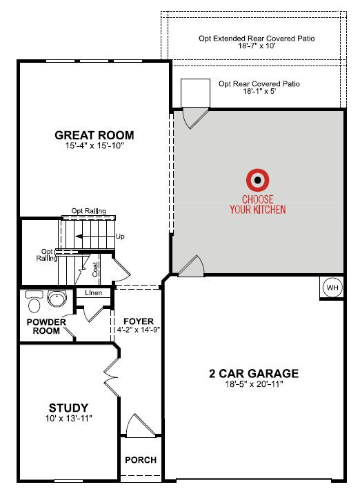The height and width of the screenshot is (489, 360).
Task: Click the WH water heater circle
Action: tap(332, 287)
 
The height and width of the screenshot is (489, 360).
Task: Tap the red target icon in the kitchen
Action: tap(258, 180)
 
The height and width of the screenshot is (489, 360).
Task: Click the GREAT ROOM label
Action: tap(94, 135)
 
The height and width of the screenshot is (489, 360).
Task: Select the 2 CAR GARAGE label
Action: tap(254, 373)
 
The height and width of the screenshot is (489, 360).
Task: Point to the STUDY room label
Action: tap(69, 408)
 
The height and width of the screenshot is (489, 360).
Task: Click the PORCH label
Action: tap(141, 459)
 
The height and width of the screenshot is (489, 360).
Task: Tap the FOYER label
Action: tap(139, 321)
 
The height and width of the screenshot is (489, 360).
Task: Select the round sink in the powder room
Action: tap(57, 298)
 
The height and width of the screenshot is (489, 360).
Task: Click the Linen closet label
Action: tap(94, 292)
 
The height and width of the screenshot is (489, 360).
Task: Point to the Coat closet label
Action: tap(95, 269)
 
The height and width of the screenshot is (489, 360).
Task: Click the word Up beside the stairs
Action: tap(120, 237)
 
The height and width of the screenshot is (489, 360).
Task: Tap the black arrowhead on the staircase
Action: tap(79, 237)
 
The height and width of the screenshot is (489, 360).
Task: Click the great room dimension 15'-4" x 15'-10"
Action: tap(94, 146)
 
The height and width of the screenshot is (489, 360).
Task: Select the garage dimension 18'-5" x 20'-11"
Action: tap(254, 384)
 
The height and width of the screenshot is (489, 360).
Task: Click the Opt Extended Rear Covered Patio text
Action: tap(257, 39)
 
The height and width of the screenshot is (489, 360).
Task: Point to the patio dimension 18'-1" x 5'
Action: tap(259, 91)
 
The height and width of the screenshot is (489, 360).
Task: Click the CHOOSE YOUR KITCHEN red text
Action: tap(258, 204)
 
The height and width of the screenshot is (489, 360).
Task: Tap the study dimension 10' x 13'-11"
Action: tap(69, 418)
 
